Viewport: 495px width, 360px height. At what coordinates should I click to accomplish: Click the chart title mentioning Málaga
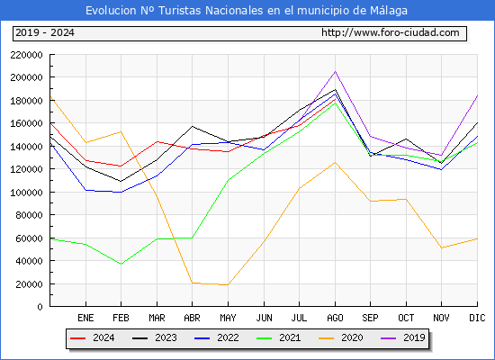247,11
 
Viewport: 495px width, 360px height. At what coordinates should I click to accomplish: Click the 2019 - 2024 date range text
45,33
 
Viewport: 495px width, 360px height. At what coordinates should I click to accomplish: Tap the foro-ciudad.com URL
391,33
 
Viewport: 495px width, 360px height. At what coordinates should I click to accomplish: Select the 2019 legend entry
406,339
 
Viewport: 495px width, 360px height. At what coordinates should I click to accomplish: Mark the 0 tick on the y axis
40,307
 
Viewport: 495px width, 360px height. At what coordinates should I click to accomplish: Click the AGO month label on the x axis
335,318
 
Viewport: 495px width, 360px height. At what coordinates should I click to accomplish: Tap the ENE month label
85,318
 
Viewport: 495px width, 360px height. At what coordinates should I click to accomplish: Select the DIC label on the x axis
477,318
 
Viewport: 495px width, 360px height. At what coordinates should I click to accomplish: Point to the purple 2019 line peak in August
335,71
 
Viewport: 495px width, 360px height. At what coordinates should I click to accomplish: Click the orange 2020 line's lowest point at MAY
228,285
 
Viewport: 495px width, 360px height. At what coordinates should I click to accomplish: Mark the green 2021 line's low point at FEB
121,264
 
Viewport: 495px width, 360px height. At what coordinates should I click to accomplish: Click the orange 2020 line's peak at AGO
335,162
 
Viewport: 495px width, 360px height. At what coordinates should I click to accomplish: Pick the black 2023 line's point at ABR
192,126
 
